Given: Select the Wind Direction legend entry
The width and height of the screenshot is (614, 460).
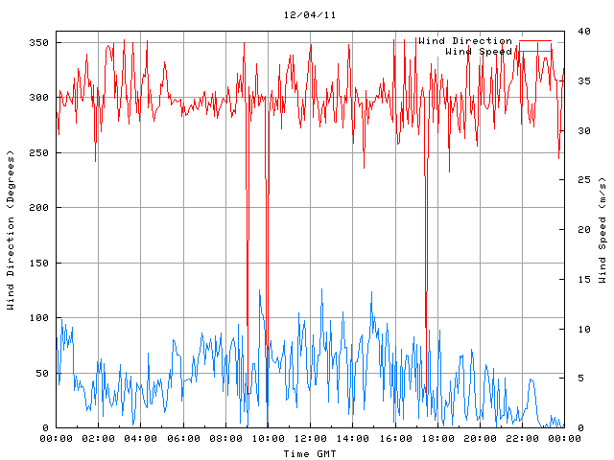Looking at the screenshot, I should click(464, 41).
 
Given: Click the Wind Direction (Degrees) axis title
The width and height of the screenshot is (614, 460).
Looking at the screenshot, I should click(11, 230).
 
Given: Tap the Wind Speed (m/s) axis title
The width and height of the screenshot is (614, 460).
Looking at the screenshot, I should click(602, 230).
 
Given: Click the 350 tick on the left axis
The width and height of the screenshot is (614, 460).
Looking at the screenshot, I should click(38, 43).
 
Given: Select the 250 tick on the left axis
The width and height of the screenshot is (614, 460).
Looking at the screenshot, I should click(38, 153).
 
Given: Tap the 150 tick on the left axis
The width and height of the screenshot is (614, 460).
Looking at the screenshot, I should click(38, 264).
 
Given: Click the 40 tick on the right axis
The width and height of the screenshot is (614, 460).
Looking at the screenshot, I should click(574, 32).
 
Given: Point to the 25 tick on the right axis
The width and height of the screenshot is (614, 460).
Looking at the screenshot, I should click(574, 180).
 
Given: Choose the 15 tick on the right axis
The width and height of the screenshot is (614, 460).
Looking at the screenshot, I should click(574, 280).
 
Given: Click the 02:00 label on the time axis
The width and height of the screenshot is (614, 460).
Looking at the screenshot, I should click(99, 439).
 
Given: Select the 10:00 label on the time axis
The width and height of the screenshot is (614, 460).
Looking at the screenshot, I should click(268, 439).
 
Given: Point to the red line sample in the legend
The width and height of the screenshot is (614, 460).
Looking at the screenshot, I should click(535, 41).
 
